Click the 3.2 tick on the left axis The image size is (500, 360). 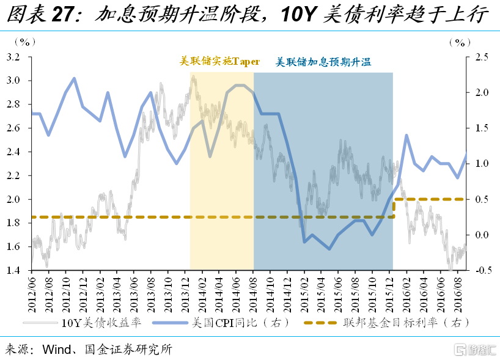[x=13, y=57]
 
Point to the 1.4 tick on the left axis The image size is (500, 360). [x=13, y=270]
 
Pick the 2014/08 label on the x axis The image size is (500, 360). [x=254, y=292]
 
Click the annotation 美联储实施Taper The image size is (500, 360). [x=219, y=62]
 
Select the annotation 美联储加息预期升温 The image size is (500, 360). [x=323, y=62]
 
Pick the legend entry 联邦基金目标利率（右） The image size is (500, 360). [x=404, y=323]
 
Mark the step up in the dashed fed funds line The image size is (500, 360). [x=394, y=208]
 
